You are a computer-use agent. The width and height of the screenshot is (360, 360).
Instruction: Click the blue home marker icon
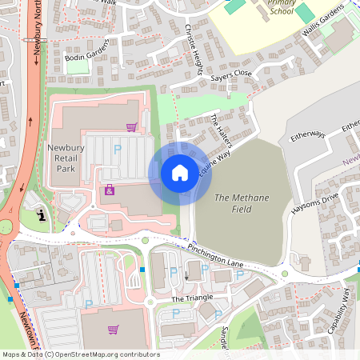tap(180, 173)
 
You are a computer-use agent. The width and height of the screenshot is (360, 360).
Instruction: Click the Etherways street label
tap(308, 135)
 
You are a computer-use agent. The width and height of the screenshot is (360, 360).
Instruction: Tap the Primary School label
tap(282, 7)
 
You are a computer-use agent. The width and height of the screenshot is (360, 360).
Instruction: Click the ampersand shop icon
tap(109, 190)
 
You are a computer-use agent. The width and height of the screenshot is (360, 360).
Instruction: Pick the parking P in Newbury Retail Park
tap(118, 149)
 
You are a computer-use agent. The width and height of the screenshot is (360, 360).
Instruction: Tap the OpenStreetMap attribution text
tap(81, 354)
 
